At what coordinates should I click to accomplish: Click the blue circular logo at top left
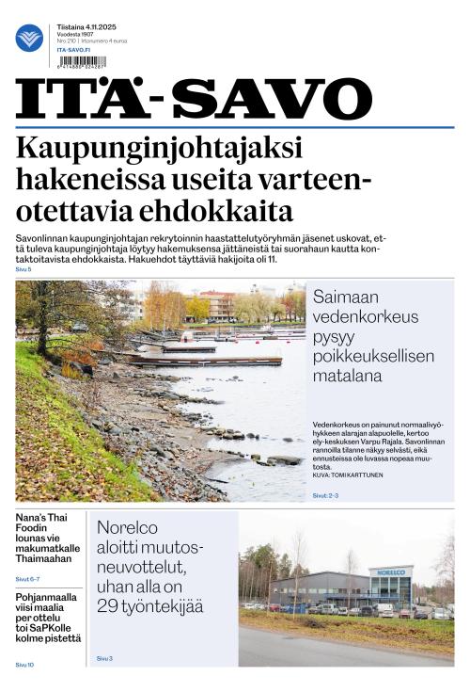pyautogui.click(x=29, y=38)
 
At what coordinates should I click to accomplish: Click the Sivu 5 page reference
pyautogui.click(x=23, y=270)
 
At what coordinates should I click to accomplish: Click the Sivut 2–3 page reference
pyautogui.click(x=325, y=494)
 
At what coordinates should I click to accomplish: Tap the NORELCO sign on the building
pyautogui.click(x=390, y=571)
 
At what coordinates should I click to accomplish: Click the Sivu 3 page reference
pyautogui.click(x=103, y=658)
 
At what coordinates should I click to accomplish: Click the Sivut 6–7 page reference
pyautogui.click(x=27, y=578)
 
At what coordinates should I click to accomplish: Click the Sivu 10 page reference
pyautogui.click(x=24, y=665)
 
